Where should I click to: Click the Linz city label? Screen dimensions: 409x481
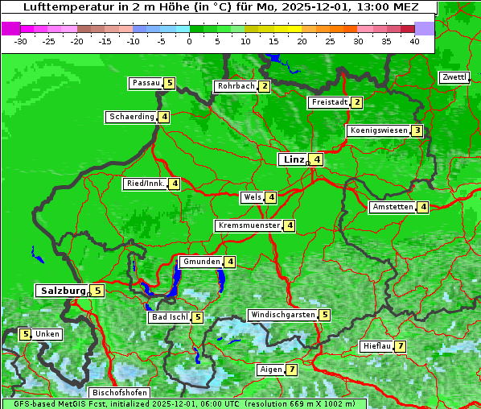(x=293, y=159)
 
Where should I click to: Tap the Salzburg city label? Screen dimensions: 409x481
(x=61, y=291)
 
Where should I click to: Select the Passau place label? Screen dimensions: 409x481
(x=146, y=83)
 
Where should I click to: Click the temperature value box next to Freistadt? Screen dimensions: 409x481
(x=356, y=102)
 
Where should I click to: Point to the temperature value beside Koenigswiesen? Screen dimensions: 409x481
(x=417, y=130)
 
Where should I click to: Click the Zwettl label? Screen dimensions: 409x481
(x=454, y=77)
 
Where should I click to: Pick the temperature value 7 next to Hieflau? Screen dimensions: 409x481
(x=400, y=346)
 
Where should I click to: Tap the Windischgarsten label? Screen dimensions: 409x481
(x=282, y=315)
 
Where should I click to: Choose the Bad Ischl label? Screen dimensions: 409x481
(x=169, y=317)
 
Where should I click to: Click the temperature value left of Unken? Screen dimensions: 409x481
(x=25, y=334)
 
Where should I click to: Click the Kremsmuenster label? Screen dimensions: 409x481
(x=249, y=225)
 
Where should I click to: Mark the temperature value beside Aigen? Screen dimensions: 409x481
(x=291, y=370)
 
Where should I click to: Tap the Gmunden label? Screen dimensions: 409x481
(x=200, y=262)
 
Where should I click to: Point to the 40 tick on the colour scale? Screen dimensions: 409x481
(x=414, y=41)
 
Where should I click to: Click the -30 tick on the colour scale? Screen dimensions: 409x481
(x=21, y=41)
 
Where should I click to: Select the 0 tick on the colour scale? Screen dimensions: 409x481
(x=190, y=41)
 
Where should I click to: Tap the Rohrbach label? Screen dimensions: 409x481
(x=235, y=86)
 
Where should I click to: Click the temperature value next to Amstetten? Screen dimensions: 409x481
(x=423, y=207)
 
